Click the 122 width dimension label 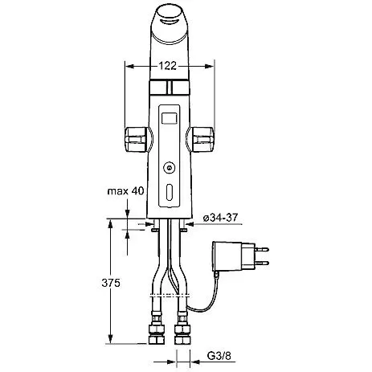click(x=168, y=66)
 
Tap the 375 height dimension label click(x=111, y=283)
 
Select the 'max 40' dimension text click(x=125, y=191)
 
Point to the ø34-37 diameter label click(x=220, y=218)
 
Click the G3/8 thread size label click(x=219, y=356)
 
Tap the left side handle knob click(x=136, y=140)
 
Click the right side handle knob click(x=203, y=140)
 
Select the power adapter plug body click(x=234, y=256)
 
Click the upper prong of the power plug click(x=262, y=249)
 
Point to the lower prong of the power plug click(x=262, y=263)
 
